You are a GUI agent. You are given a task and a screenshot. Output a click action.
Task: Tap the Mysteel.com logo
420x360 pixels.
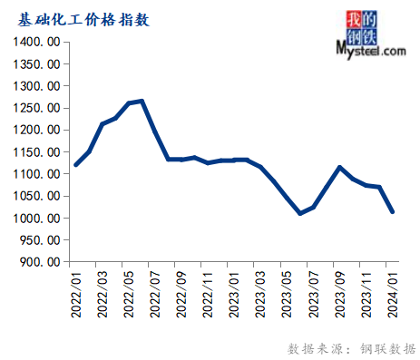pyautogui.click(x=370, y=36)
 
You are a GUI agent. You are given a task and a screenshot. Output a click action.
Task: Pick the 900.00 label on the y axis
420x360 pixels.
pyautogui.click(x=42, y=262)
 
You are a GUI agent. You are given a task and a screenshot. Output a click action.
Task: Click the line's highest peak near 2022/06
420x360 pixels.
pyautogui.click(x=142, y=101)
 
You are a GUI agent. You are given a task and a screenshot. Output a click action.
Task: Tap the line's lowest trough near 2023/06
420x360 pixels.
pyautogui.click(x=300, y=214)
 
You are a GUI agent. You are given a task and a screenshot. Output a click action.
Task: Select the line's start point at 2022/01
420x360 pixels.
pyautogui.click(x=75, y=165)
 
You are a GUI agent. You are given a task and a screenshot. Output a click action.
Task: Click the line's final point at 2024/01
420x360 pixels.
pyautogui.click(x=392, y=211)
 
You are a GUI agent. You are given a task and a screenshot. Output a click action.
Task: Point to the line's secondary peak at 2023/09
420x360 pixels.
pyautogui.click(x=339, y=167)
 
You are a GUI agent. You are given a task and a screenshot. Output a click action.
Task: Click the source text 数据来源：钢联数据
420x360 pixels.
pyautogui.click(x=351, y=347)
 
